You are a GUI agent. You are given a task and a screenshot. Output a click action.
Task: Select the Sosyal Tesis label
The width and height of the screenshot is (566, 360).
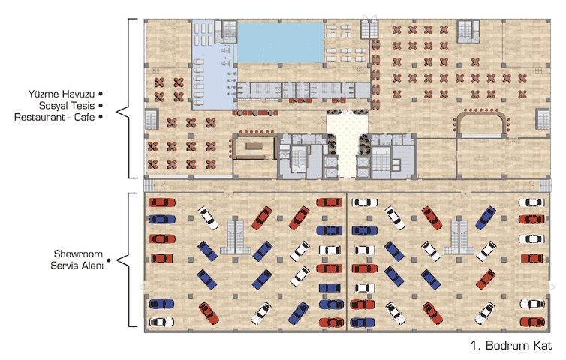67,106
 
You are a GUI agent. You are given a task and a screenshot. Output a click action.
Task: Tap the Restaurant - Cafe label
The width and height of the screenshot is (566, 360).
55,117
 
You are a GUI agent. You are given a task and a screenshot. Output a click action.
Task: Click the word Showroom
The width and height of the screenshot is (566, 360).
78,254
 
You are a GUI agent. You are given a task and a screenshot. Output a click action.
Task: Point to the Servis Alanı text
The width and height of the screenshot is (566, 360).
77,265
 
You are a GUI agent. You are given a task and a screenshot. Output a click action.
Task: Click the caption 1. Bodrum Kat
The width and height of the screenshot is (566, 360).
511,345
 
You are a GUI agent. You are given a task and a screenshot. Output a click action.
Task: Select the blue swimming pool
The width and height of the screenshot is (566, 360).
281,43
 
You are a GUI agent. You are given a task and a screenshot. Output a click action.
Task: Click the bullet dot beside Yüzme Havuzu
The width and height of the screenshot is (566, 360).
101,94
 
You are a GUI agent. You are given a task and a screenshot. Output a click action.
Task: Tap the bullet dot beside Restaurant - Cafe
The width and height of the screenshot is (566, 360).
101,117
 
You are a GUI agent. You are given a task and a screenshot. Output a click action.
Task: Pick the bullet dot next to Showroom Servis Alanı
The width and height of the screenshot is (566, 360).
109,260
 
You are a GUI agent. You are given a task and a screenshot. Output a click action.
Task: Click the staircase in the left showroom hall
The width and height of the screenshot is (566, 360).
236,237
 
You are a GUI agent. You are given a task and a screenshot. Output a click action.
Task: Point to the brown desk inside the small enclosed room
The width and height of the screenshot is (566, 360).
254,146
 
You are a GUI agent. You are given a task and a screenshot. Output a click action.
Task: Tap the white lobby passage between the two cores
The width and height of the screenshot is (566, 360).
347,144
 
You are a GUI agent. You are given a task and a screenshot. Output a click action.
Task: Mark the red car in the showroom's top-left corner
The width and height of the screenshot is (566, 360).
162,202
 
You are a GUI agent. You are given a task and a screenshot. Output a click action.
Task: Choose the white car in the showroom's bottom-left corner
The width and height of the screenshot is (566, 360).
161,322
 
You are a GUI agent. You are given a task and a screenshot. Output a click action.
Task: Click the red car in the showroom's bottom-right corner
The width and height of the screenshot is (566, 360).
532,322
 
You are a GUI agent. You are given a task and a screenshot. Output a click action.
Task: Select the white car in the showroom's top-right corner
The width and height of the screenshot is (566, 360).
531,202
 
